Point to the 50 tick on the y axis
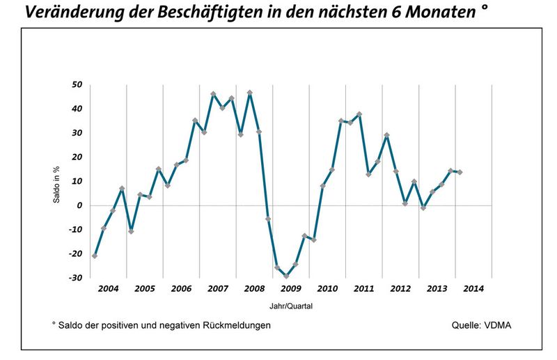[x=77, y=85]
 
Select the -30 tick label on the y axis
[x=75, y=278]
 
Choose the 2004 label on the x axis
[x=108, y=288]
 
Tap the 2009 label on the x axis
[x=290, y=288]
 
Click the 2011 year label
[x=363, y=288]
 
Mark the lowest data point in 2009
[x=286, y=276]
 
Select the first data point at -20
[x=95, y=256]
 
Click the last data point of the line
[x=460, y=172]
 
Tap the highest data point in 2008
[x=249, y=93]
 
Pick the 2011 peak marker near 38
[x=359, y=114]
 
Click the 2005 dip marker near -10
[x=131, y=231]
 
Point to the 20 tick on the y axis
[x=77, y=157]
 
